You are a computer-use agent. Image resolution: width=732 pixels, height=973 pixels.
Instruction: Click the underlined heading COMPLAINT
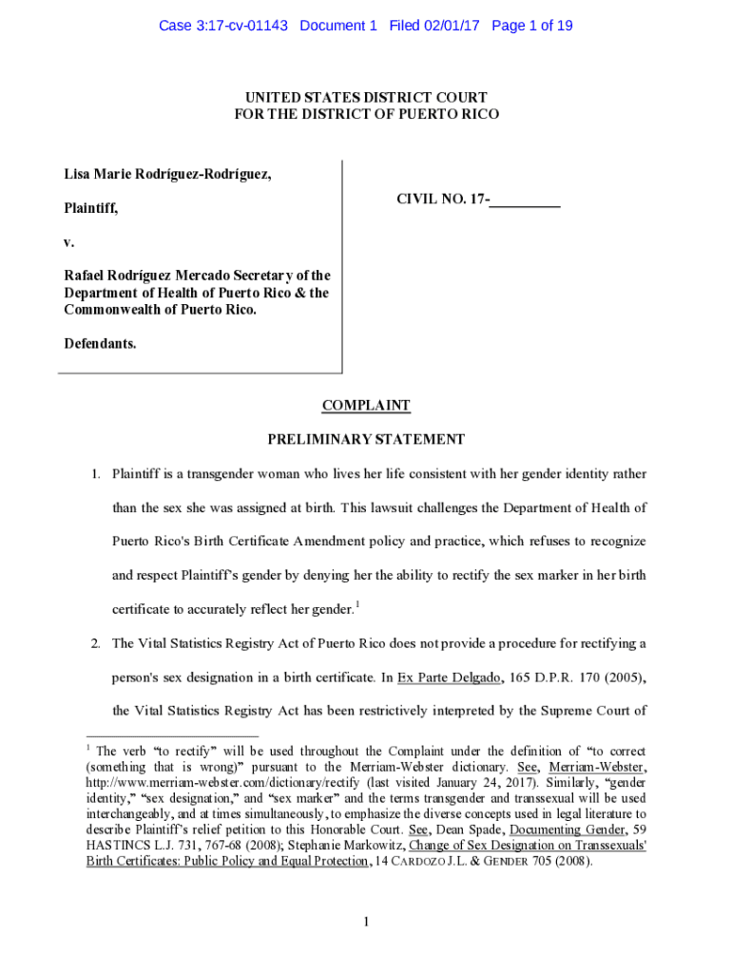pos(366,406)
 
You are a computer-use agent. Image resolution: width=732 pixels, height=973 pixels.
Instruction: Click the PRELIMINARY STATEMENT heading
pos(366,440)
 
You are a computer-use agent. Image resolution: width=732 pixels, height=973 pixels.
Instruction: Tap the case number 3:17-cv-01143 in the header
pos(224,26)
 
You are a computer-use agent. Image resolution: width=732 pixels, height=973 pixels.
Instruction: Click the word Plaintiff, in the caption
pos(91,208)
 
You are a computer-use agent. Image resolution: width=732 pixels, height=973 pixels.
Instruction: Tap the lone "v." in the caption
pos(68,242)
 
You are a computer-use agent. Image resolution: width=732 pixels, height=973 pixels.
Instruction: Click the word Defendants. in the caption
pos(100,343)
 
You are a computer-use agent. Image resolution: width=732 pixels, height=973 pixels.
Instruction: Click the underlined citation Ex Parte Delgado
pos(437,677)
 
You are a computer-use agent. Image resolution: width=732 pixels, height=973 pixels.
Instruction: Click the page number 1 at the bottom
pos(366,922)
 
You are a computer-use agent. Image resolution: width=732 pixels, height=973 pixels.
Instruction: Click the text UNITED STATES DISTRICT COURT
pos(366,97)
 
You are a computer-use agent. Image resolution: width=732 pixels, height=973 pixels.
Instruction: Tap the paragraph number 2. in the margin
pos(96,644)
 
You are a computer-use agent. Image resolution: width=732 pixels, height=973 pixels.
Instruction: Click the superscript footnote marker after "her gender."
pos(356,604)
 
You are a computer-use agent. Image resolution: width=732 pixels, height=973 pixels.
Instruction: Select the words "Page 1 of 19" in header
pos(532,26)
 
